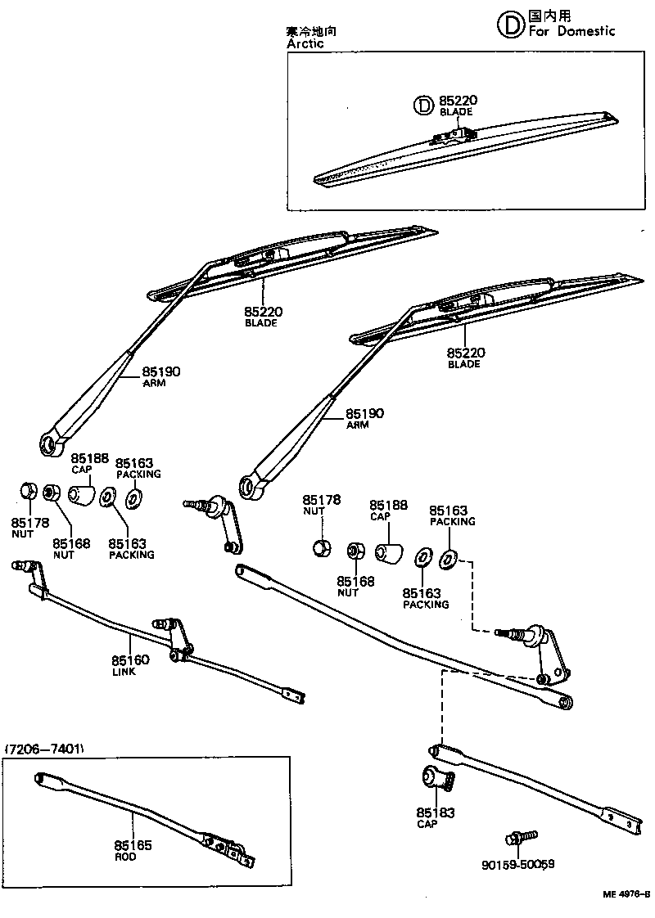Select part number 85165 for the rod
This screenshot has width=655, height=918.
pos(133,845)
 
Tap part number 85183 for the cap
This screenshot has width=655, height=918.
pos(435,812)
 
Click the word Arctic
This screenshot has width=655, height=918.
pos(305,44)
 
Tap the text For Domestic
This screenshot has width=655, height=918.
pos(571,31)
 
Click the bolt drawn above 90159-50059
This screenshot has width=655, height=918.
pos(521,837)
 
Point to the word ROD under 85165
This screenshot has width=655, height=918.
pos(125,857)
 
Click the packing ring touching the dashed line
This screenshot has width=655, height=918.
pos(448,560)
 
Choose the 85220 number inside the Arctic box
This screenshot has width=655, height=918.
pos(458,101)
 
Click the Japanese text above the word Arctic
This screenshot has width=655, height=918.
pos(312,31)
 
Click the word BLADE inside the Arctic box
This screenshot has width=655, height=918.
pos(455,112)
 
